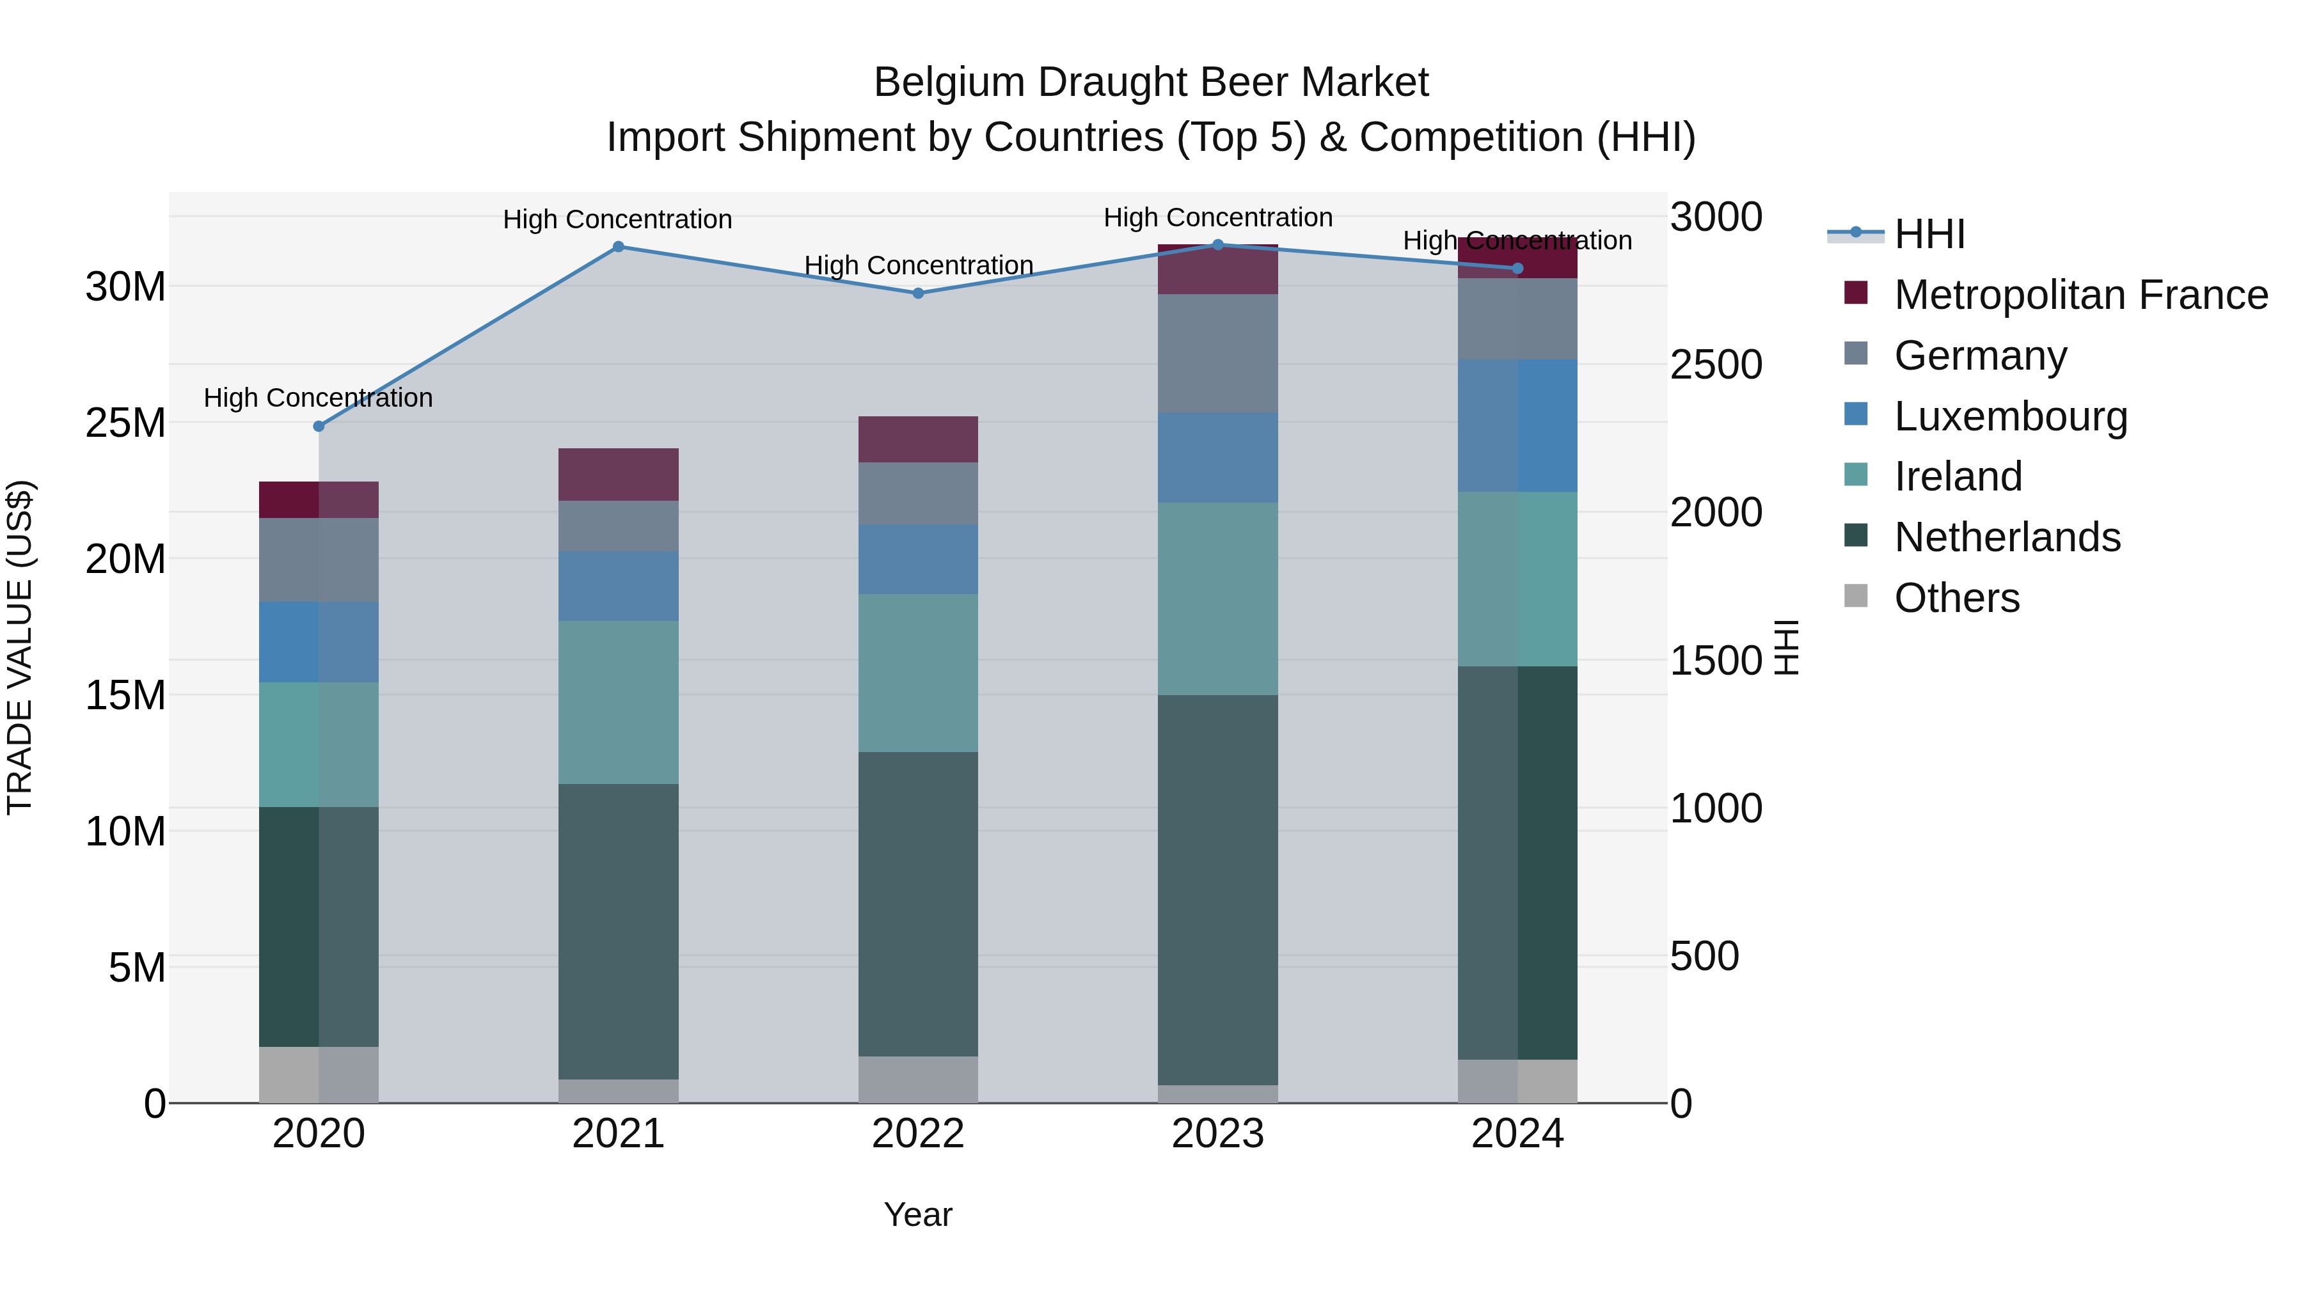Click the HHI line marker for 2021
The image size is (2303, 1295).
(618, 247)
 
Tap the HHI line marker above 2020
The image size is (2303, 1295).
(319, 427)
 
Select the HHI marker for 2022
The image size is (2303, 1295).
(917, 293)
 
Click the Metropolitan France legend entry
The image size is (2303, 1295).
(2080, 295)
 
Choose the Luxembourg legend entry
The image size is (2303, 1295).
(2010, 416)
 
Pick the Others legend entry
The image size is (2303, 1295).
(1956, 598)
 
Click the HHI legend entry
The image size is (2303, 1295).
(1929, 234)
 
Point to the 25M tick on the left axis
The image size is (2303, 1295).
(125, 423)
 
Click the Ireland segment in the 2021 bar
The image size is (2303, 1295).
(618, 702)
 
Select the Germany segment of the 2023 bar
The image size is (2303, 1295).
(1217, 353)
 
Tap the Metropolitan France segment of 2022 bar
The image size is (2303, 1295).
(917, 439)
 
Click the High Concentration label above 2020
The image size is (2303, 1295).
(319, 398)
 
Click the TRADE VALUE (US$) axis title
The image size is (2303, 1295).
(20, 647)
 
